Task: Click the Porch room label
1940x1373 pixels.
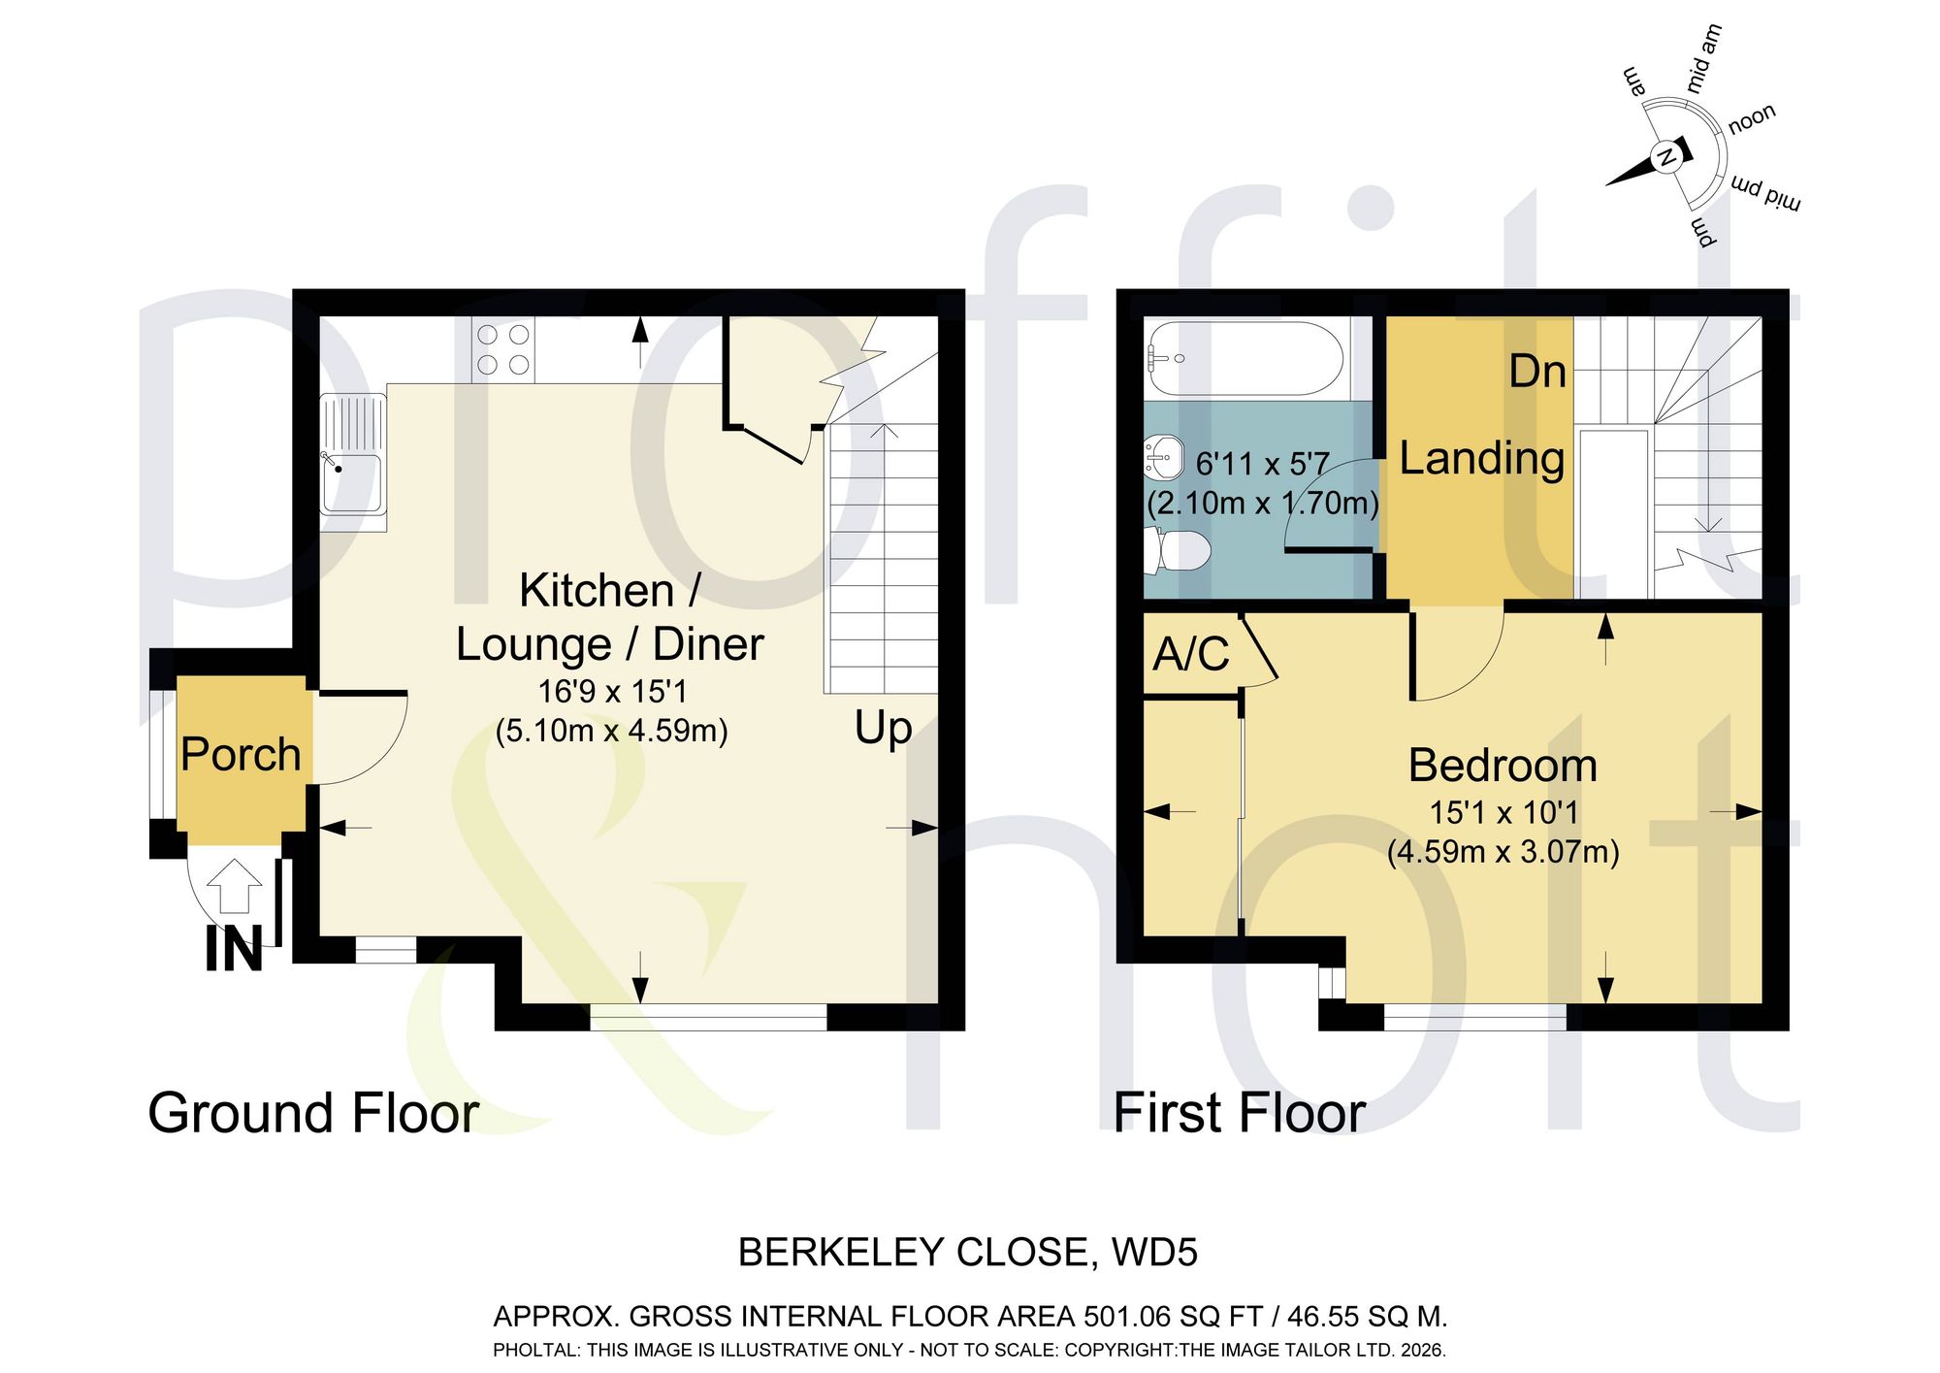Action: click(x=241, y=755)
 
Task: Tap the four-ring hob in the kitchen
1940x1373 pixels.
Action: click(x=503, y=350)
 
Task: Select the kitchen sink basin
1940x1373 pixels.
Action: click(x=352, y=482)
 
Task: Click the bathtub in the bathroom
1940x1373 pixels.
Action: click(x=1245, y=358)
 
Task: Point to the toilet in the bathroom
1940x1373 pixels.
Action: click(x=1178, y=551)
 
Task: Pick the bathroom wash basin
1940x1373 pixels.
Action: click(x=1164, y=457)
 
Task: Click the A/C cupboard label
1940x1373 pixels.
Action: click(x=1191, y=654)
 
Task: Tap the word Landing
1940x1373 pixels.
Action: click(x=1481, y=459)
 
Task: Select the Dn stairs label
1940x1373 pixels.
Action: click(x=1537, y=372)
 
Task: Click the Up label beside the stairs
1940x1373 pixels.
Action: click(x=883, y=729)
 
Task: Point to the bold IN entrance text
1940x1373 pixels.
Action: click(x=234, y=949)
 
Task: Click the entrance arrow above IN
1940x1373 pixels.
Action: click(x=236, y=886)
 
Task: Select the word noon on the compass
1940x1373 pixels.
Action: click(x=1752, y=118)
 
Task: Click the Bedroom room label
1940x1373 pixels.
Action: click(x=1503, y=766)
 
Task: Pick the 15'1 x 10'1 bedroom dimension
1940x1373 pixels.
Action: click(x=1503, y=812)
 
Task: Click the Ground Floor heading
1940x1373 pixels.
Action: click(x=313, y=1112)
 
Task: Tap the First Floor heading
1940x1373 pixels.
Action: click(x=1240, y=1112)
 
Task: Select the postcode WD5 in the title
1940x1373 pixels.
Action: click(x=1154, y=1253)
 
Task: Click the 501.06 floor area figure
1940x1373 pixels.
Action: click(x=1127, y=1317)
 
